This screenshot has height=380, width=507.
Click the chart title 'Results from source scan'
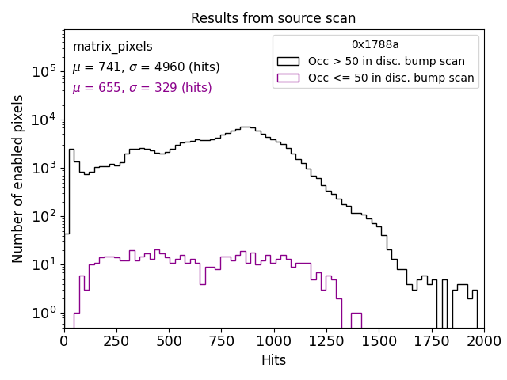coord(273,18)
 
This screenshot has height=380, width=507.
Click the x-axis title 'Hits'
coord(273,360)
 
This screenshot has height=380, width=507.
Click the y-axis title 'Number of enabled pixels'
coord(18,178)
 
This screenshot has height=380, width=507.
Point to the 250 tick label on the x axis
coord(170,341)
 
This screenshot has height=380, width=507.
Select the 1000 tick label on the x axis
coord(274,341)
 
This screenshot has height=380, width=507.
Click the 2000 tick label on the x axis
coord(483,341)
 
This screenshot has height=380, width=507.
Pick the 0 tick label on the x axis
coord(65,341)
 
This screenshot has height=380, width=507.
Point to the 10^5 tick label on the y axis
coord(44,71)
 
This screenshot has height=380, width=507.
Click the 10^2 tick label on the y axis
coord(44,216)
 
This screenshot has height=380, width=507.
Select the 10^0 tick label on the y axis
coord(44,313)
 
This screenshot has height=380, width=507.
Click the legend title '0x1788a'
coord(375,45)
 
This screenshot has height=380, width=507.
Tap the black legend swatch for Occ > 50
coord(289,61)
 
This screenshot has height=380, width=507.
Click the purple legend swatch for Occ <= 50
coord(289,78)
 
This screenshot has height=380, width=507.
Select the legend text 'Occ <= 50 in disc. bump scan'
coord(391,78)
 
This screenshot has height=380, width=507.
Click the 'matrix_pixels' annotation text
coord(112,47)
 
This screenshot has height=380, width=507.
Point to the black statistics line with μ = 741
coord(146,67)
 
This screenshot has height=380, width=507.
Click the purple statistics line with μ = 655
coord(142,88)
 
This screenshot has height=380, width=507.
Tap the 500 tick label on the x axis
coord(170,341)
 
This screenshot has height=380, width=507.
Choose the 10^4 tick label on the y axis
coord(44,120)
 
